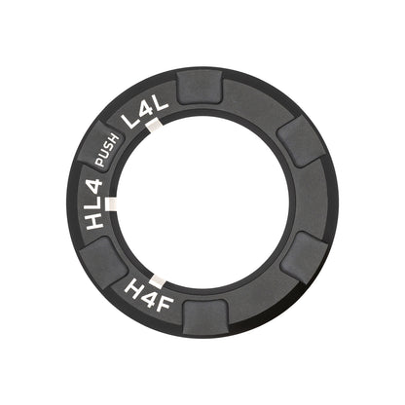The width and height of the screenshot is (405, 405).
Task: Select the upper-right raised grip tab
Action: [x=297, y=139]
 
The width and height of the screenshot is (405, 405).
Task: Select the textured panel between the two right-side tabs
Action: [x=314, y=200]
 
